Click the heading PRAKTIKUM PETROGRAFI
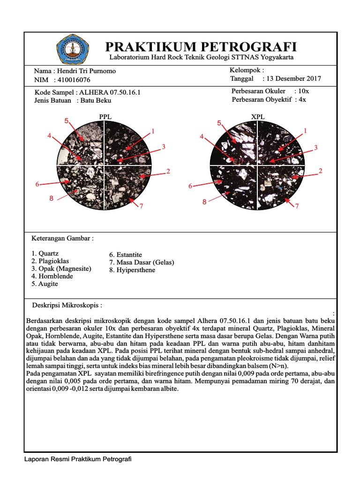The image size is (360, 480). [201, 46]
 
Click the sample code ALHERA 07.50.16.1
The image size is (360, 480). [110, 92]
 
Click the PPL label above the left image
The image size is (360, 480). [105, 116]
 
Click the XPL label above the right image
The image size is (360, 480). [258, 116]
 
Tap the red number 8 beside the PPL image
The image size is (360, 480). [52, 199]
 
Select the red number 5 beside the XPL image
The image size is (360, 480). [219, 123]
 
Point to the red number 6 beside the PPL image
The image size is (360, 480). [37, 185]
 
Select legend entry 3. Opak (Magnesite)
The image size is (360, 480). [61, 269]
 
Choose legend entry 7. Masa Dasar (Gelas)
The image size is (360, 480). [141, 262]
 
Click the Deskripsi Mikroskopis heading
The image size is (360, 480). [67, 305]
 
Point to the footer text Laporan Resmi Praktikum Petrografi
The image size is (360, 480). [78, 459]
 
